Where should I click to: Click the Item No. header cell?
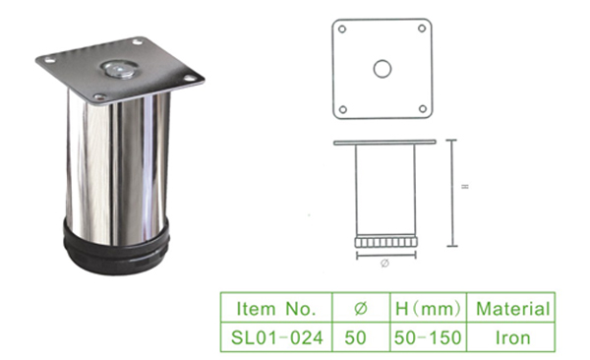click(x=276, y=308)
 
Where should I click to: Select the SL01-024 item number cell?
click(x=276, y=337)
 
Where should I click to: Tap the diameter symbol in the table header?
click(x=361, y=309)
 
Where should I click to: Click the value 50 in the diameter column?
click(x=356, y=337)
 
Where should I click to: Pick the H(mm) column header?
click(x=428, y=309)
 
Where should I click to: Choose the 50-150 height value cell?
click(x=428, y=337)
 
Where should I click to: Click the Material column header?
click(x=513, y=309)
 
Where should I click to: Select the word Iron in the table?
click(x=513, y=337)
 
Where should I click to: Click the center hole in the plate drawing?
click(x=383, y=69)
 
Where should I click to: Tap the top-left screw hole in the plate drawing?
click(x=342, y=29)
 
